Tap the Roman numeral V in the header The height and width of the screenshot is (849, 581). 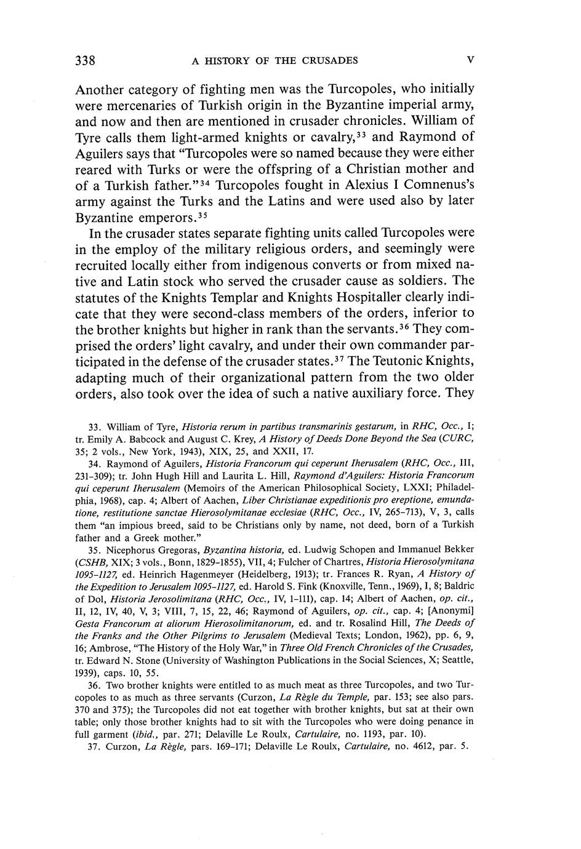tap(470, 60)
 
